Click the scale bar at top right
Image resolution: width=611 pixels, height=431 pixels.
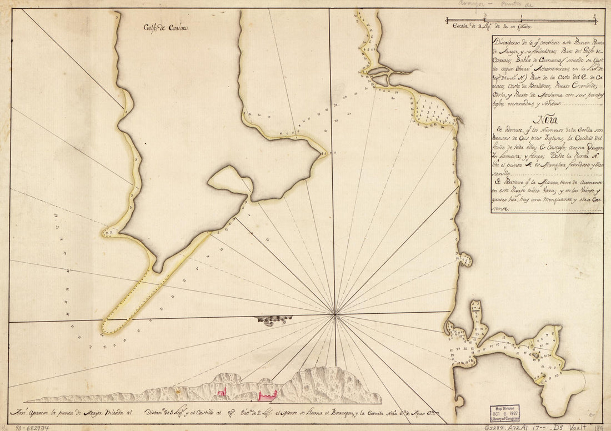pyautogui.click(x=522, y=21)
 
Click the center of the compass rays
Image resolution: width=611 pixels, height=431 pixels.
pyautogui.click(x=335, y=315)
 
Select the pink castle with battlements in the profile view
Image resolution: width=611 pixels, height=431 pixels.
pyautogui.click(x=267, y=395)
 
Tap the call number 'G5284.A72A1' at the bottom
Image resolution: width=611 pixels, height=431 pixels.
pyautogui.click(x=505, y=427)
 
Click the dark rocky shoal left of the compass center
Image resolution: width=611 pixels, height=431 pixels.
pyautogui.click(x=272, y=320)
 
